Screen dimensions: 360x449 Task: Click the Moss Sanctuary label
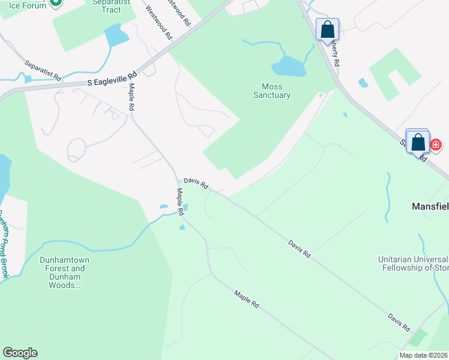pos(271,91)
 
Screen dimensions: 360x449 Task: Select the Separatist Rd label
pos(43,70)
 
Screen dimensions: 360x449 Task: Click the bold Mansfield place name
pos(430,206)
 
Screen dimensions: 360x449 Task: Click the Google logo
pos(20,353)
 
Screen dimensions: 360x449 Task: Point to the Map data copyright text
pos(424,355)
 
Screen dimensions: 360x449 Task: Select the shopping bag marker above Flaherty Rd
pos(327,29)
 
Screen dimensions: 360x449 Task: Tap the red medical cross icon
pos(436,145)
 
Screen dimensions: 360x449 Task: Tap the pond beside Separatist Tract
pos(116,36)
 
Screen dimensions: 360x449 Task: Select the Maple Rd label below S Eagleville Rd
pos(130,96)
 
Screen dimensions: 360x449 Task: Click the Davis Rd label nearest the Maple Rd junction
pos(196,182)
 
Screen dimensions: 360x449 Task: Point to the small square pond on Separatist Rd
pos(28,79)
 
